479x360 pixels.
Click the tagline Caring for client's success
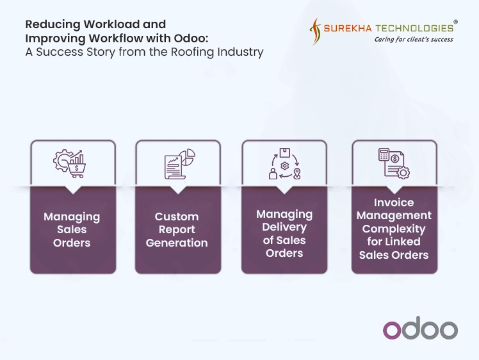(414, 40)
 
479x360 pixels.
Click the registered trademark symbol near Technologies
(455, 22)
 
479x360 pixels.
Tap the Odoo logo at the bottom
(420, 329)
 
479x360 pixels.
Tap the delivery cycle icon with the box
(284, 164)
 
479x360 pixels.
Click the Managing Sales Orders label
(72, 230)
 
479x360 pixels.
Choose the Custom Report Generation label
(177, 230)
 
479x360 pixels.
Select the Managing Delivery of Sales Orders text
(284, 233)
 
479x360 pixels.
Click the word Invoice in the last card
(394, 203)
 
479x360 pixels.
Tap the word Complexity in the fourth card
(394, 229)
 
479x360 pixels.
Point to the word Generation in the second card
(177, 243)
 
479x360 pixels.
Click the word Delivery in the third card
(284, 227)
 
